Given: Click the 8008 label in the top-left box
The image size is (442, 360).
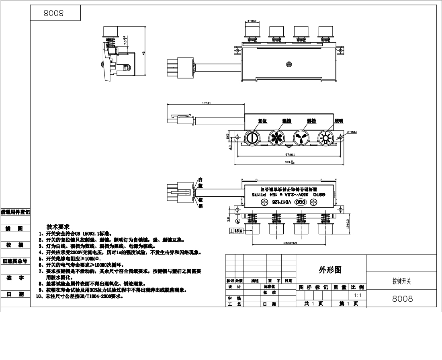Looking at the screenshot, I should click(53, 13).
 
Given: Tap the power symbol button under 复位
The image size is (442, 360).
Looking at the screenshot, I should click(251, 138).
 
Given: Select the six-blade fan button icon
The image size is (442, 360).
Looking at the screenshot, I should click(276, 138).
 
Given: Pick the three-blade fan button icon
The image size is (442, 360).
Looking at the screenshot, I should click(301, 138).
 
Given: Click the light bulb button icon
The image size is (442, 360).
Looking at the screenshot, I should click(325, 138).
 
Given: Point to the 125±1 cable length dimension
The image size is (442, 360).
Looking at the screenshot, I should click(207, 103).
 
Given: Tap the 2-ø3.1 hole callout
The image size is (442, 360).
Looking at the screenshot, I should click(352, 131).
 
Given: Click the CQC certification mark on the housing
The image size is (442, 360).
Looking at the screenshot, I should click(299, 202).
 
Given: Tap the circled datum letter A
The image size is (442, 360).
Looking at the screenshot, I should click(238, 221).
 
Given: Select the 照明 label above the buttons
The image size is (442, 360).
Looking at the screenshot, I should click(339, 121).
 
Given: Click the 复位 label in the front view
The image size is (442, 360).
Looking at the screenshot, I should click(262, 121).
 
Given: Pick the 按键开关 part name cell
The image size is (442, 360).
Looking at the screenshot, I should click(401, 281).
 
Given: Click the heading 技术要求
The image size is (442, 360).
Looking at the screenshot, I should click(58, 227).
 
